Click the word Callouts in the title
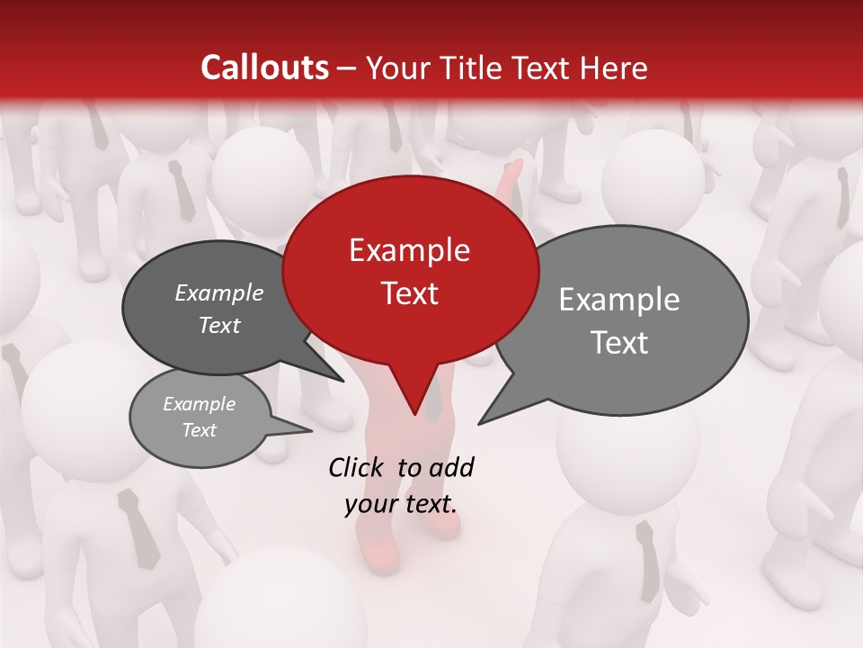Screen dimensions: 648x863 (x=264, y=67)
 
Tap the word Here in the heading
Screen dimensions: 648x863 (x=615, y=67)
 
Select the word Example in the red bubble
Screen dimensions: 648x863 (x=409, y=250)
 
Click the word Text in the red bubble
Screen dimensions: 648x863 (x=409, y=293)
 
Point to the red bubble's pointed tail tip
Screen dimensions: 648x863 (x=414, y=414)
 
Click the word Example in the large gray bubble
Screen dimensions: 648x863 (x=619, y=300)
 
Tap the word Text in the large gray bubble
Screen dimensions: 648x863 (x=619, y=343)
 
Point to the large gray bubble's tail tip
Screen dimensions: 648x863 (x=479, y=423)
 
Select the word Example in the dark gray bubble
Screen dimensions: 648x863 (x=218, y=292)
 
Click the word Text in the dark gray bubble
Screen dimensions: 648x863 (x=218, y=325)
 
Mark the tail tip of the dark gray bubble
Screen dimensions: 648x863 (x=343, y=381)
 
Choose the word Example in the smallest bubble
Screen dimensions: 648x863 (x=199, y=404)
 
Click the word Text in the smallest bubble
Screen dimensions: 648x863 (x=199, y=430)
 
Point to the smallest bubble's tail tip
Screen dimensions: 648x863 (x=311, y=430)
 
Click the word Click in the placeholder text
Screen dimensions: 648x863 (x=358, y=467)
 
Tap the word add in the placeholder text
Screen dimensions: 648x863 (x=451, y=467)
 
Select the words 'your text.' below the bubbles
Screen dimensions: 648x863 (x=401, y=504)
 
